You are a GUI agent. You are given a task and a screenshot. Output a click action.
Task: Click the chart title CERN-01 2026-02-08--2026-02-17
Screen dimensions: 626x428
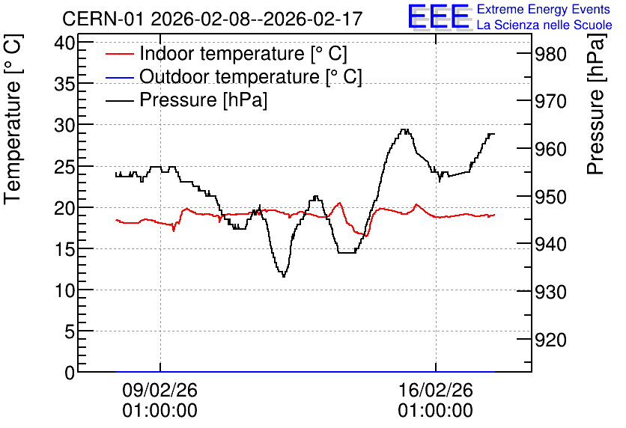tap(212, 19)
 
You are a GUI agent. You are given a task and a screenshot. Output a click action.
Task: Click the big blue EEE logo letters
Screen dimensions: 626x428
tap(439, 16)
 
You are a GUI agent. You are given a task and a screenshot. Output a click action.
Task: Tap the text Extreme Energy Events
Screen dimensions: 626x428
tap(543, 9)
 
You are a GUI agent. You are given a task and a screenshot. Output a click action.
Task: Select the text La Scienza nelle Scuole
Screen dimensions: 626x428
tap(544, 25)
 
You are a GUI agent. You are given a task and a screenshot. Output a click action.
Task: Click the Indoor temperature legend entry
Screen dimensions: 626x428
tap(226, 53)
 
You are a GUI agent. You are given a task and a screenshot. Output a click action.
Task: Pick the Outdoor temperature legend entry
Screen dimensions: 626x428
tap(234, 76)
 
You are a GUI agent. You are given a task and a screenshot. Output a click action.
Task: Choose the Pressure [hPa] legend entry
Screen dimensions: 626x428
tap(186, 100)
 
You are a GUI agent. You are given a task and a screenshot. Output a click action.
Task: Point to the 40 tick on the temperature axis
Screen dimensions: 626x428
tap(64, 43)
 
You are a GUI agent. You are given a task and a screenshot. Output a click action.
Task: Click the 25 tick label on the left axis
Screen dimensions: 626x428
tap(64, 167)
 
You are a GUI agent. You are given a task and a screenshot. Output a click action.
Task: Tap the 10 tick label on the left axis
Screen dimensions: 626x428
tap(64, 290)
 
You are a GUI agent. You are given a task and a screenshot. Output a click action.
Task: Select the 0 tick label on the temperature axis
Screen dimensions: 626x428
tap(70, 373)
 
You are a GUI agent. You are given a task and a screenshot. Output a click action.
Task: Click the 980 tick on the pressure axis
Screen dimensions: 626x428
tap(550, 55)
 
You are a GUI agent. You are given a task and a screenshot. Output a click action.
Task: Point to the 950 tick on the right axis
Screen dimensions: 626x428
tap(550, 197)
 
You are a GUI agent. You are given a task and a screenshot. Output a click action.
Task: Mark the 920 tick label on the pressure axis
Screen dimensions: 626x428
tap(550, 340)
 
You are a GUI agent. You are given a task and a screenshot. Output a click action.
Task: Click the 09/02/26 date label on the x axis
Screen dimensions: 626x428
tap(159, 400)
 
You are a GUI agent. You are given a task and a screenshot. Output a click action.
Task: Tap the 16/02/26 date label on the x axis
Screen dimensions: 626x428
tap(435, 400)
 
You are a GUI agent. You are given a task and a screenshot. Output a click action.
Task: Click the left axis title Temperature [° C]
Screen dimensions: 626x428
tap(13, 119)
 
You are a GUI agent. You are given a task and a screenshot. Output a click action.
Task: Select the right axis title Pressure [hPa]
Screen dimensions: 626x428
tap(596, 104)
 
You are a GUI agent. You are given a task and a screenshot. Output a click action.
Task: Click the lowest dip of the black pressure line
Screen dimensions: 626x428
tap(284, 276)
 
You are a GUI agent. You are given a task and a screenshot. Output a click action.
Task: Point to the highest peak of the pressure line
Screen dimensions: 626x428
tap(405, 129)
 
